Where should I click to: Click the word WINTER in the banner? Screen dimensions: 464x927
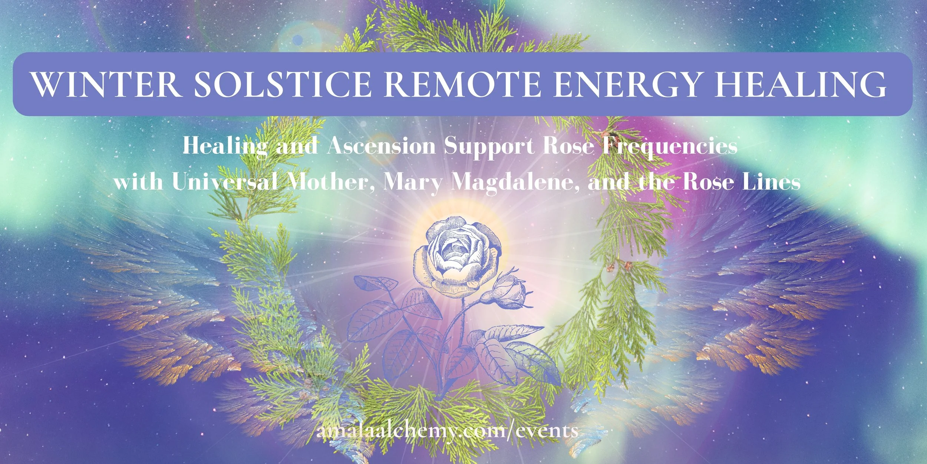pyautogui.click(x=106, y=84)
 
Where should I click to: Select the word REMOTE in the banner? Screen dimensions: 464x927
pyautogui.click(x=462, y=84)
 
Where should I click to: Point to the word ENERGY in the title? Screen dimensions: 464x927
pyautogui.click(x=627, y=84)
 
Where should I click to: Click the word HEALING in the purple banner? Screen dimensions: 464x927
pyautogui.click(x=801, y=84)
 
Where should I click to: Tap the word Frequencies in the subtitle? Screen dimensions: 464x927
pyautogui.click(x=669, y=146)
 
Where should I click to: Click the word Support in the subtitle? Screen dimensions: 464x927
pyautogui.click(x=489, y=146)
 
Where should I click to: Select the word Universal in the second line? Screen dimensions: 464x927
pyautogui.click(x=225, y=182)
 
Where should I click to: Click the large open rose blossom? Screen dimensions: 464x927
pyautogui.click(x=458, y=256)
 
